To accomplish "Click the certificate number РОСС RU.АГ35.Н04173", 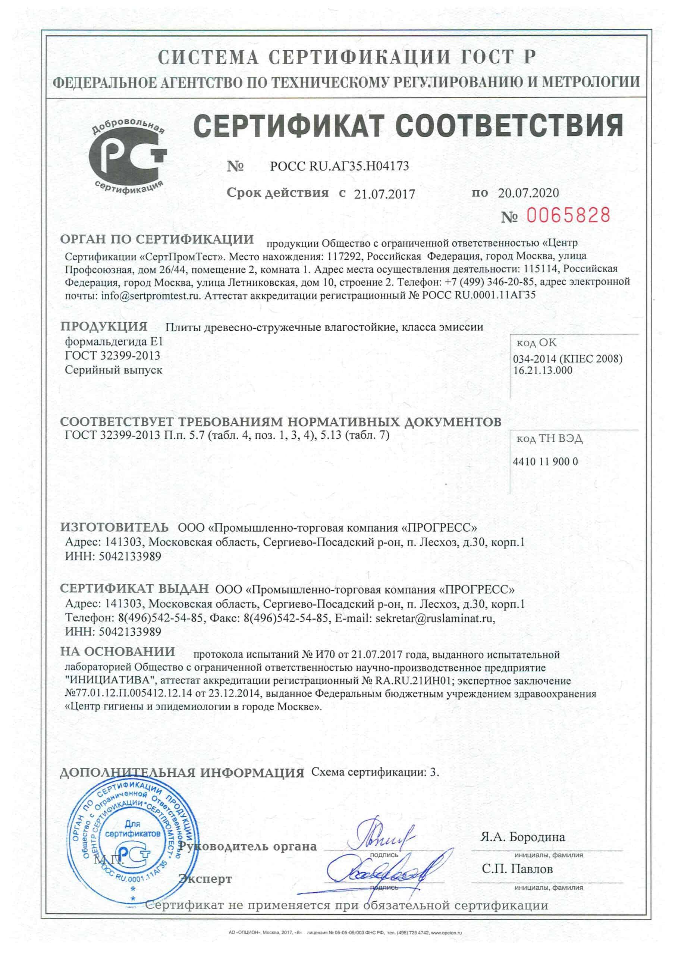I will (339, 166).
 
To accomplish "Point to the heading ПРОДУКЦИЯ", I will (104, 326).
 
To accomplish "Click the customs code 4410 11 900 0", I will (545, 461).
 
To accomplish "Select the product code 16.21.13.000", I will (543, 370).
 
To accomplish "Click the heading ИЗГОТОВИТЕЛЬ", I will (114, 527).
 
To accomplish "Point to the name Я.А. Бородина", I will (523, 837).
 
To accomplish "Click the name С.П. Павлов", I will (517, 869).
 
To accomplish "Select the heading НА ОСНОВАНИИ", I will (118, 651).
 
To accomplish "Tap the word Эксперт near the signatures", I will (205, 879).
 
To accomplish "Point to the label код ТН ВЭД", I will (549, 439).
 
